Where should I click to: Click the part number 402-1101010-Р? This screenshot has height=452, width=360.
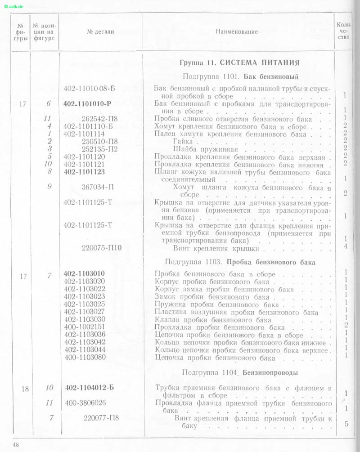[87, 104]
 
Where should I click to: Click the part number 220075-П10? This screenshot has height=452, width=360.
[102, 247]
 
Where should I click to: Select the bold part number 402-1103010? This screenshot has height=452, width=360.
[85, 273]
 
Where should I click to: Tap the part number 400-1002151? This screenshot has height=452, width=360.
[85, 327]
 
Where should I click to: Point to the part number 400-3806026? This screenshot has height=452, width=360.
[85, 403]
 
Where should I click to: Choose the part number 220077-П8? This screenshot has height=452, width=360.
[101, 418]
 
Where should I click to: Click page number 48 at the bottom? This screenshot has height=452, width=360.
[17, 445]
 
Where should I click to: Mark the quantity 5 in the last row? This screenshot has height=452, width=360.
[346, 423]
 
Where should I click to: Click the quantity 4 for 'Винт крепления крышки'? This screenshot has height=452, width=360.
[345, 246]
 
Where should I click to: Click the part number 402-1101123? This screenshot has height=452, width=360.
[84, 171]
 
